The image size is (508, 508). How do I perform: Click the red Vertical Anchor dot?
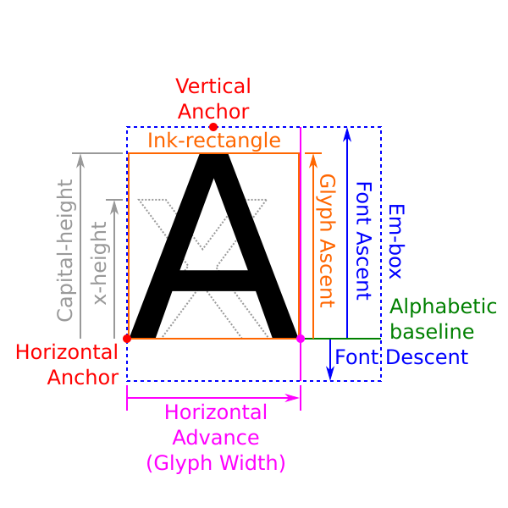pyautogui.click(x=213, y=127)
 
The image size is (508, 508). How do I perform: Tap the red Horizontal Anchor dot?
pyautogui.click(x=127, y=339)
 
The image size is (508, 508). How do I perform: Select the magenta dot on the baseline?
pyautogui.click(x=300, y=339)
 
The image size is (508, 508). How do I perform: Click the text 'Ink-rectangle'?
pyautogui.click(x=214, y=141)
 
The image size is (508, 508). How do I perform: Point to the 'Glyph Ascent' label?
pyautogui.click(x=326, y=240)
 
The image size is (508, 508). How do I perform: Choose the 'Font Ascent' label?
pyautogui.click(x=363, y=240)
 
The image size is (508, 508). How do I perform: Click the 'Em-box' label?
pyautogui.click(x=395, y=241)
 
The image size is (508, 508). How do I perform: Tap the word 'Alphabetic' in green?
pyautogui.click(x=444, y=306)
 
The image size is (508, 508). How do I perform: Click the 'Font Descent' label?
pyautogui.click(x=401, y=356)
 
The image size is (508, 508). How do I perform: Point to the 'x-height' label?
pyautogui.click(x=100, y=262)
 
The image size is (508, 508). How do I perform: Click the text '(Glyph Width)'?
pyautogui.click(x=216, y=464)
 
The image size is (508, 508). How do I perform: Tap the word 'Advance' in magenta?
pyautogui.click(x=216, y=438)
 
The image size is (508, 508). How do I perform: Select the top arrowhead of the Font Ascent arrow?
pyautogui.click(x=346, y=133)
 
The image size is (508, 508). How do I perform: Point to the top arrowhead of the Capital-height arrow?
pyautogui.click(x=80, y=159)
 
